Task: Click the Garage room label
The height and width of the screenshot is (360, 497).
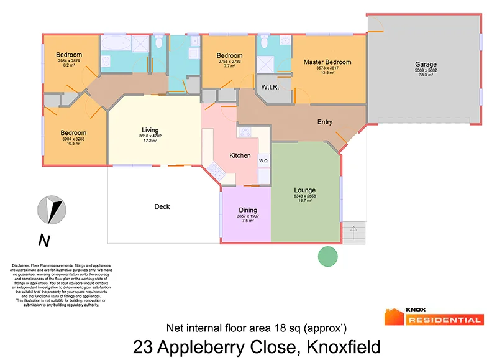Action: point(426,64)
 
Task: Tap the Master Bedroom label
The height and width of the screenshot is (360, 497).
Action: point(327,62)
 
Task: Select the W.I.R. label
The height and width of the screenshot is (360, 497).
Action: point(269,86)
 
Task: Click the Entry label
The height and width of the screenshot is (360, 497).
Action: point(325,122)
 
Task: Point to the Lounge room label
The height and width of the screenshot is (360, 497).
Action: point(305,190)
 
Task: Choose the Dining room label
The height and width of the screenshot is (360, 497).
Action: point(248,210)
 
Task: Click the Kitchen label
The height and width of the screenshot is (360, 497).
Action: point(240,155)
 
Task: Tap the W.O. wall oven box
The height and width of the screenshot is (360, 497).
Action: point(263,160)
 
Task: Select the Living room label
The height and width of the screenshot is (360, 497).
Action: point(150,130)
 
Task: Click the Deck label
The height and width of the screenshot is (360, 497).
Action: point(162,206)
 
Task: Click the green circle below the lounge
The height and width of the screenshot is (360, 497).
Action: point(327,256)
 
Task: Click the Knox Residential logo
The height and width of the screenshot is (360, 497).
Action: point(434,316)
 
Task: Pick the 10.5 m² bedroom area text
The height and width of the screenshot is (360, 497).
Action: point(73,144)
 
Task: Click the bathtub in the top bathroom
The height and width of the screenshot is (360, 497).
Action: point(116,44)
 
